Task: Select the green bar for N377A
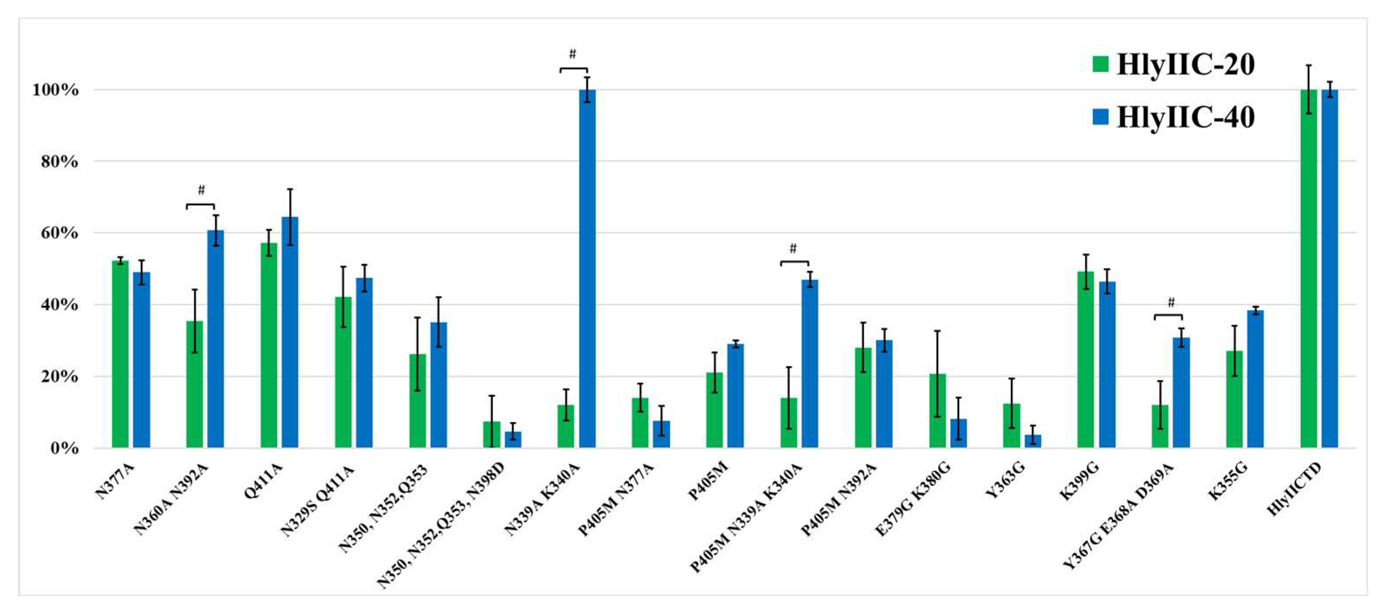tap(120, 354)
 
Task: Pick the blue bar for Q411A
tap(290, 332)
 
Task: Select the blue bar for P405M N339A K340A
tap(810, 364)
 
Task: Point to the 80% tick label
tap(59, 162)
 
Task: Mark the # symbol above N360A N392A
tap(201, 190)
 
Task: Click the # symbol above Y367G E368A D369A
tap(1171, 303)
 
